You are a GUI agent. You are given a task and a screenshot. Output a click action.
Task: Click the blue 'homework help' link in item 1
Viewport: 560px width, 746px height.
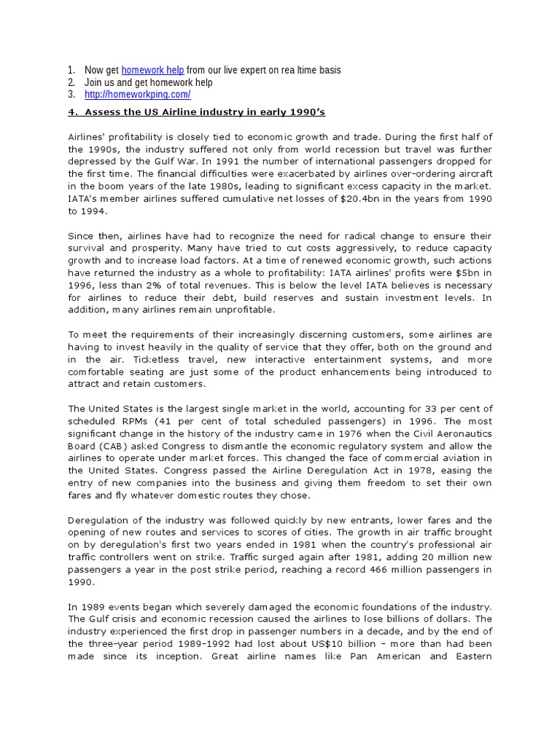pyautogui.click(x=152, y=70)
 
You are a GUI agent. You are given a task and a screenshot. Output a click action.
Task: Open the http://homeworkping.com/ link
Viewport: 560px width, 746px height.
pyautogui.click(x=138, y=95)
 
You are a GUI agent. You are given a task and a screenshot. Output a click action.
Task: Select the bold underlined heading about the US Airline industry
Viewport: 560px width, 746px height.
pyautogui.click(x=196, y=111)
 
